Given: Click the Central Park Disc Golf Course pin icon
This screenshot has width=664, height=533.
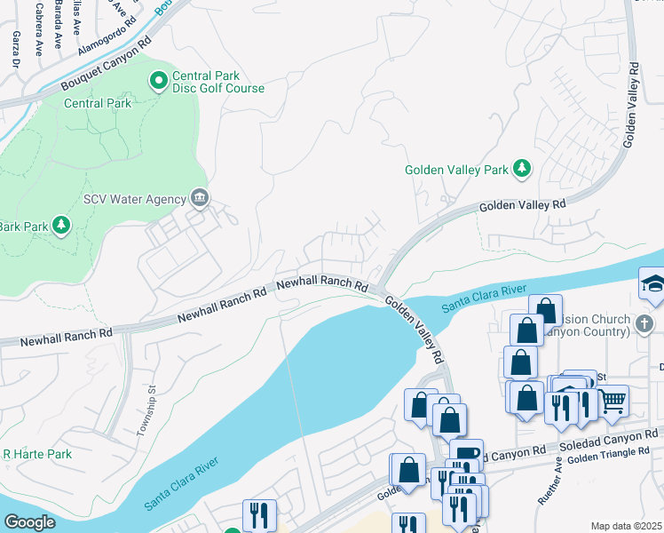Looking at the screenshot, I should pos(159,82).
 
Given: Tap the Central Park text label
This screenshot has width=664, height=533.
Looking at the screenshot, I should pos(98,104).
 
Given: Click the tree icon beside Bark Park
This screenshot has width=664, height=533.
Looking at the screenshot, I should pos(61,226).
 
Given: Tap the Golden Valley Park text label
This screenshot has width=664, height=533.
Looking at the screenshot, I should pos(456,169).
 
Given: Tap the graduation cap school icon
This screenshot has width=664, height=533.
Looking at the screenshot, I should pos(652,283).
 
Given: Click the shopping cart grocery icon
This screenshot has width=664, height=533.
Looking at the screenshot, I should pos(613,402).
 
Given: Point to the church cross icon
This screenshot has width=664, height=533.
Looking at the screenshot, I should pos(645,322).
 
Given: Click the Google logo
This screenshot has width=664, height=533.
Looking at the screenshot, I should pos(29,522).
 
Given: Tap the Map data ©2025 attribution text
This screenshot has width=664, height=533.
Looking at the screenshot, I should pos(626,526).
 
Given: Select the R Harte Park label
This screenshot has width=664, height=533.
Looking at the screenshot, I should pos(36,454).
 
